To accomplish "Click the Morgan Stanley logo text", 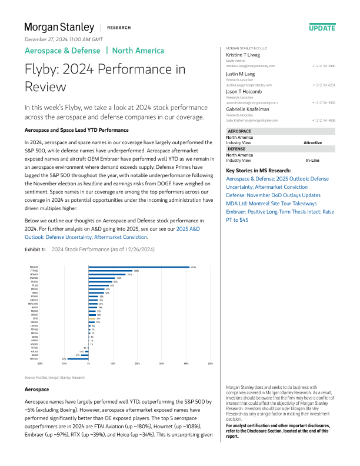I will pos(59,27).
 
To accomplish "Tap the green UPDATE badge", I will pos(322,28).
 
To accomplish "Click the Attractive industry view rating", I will pos(312,143).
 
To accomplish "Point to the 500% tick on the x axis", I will pos(211,364).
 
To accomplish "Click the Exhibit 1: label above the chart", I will pos(34,250).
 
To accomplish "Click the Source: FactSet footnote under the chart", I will pos(55,377).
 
